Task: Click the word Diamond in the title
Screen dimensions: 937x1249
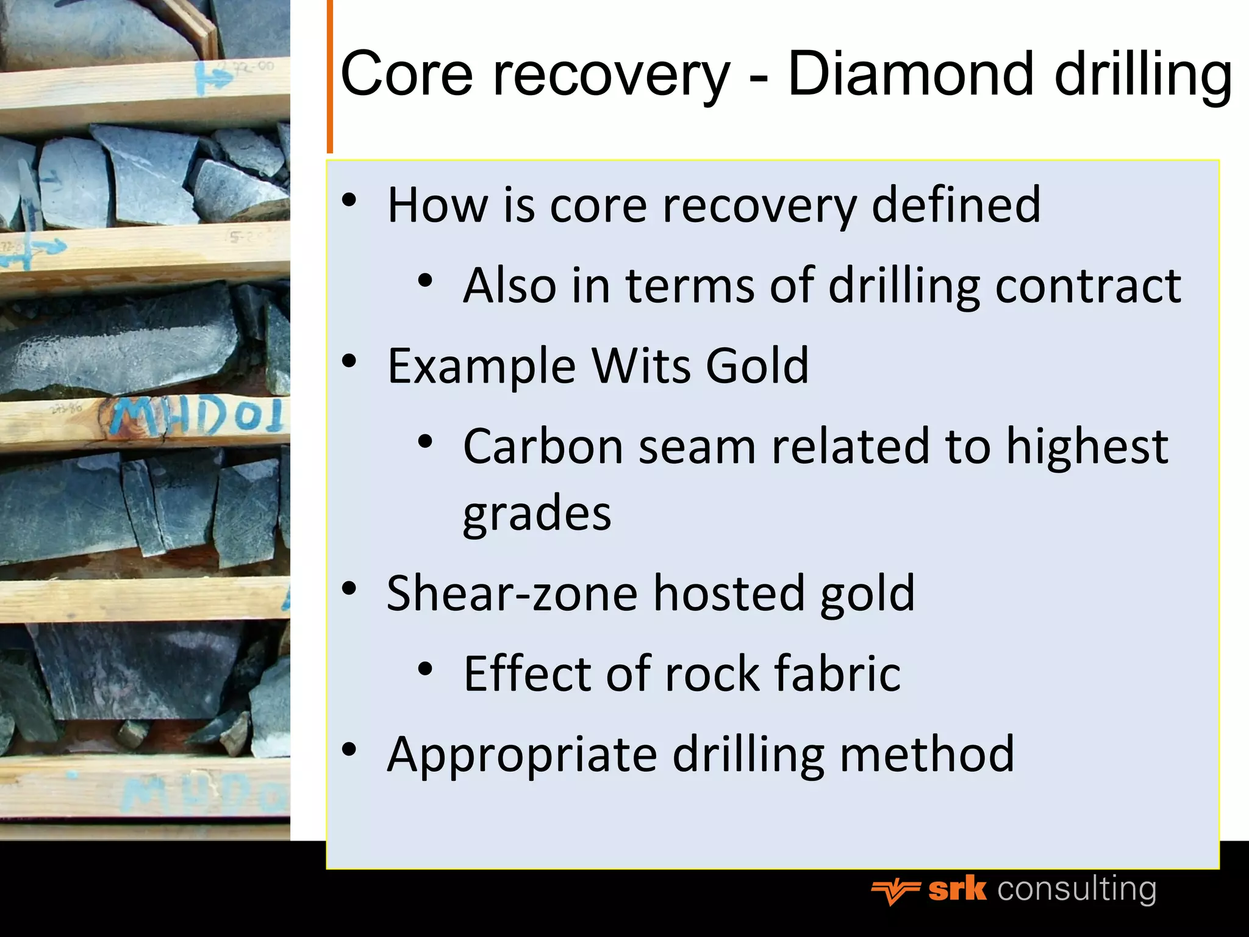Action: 911,74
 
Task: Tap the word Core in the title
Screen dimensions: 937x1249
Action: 406,74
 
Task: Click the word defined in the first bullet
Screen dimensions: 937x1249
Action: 956,205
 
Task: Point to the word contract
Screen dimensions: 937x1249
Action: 1088,285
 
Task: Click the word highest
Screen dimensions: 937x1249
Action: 1086,447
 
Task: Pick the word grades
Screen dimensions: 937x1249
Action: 537,514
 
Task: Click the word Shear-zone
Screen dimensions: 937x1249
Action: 512,593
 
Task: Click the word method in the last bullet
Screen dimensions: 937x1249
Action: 927,755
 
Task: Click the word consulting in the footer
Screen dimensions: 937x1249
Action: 1076,890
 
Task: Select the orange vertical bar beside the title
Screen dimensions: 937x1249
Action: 330,76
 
